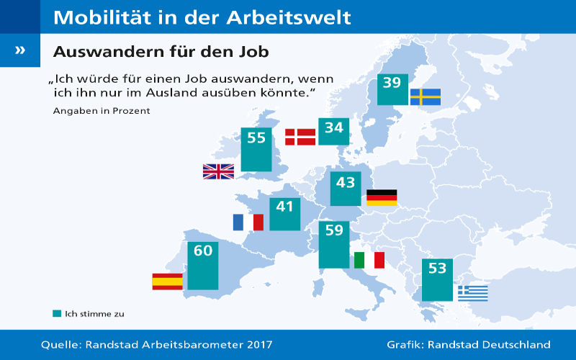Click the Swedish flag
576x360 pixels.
pyautogui.click(x=426, y=96)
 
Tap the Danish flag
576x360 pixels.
pyautogui.click(x=300, y=137)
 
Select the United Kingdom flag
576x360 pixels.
pyautogui.click(x=218, y=171)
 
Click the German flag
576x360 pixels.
pyautogui.click(x=382, y=197)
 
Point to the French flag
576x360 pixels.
pyautogui.click(x=248, y=222)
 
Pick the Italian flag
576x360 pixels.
pyautogui.click(x=369, y=260)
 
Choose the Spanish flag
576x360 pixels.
pyautogui.click(x=167, y=282)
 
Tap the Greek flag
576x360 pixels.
pyautogui.click(x=473, y=293)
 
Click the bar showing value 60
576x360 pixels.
pyautogui.click(x=202, y=266)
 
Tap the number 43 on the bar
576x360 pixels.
pyautogui.click(x=346, y=182)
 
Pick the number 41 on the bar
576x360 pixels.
pyautogui.click(x=285, y=206)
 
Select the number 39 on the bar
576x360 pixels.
pyautogui.click(x=392, y=83)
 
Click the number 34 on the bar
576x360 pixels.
pyautogui.click(x=334, y=128)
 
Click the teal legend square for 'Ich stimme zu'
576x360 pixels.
pyautogui.click(x=57, y=314)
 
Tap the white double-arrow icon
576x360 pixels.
pyautogui.click(x=19, y=50)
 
